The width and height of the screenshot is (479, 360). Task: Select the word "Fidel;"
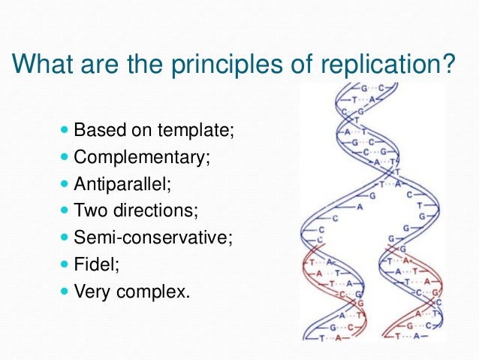tap(95, 265)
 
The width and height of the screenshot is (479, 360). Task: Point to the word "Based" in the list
tap(97, 130)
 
